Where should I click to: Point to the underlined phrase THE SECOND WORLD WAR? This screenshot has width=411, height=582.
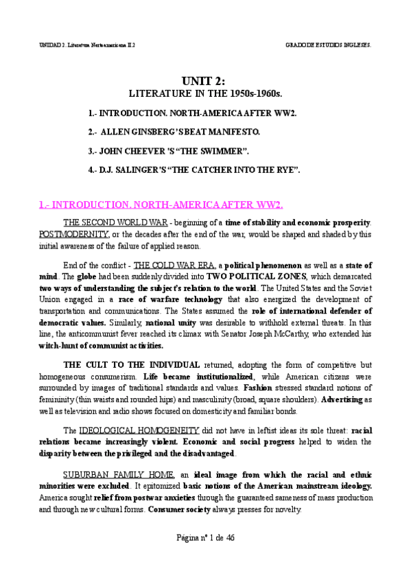pos(117,223)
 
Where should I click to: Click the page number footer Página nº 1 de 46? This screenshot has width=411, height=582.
pos(204,537)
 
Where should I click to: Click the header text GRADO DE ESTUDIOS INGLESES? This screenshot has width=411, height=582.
pos(328,45)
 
